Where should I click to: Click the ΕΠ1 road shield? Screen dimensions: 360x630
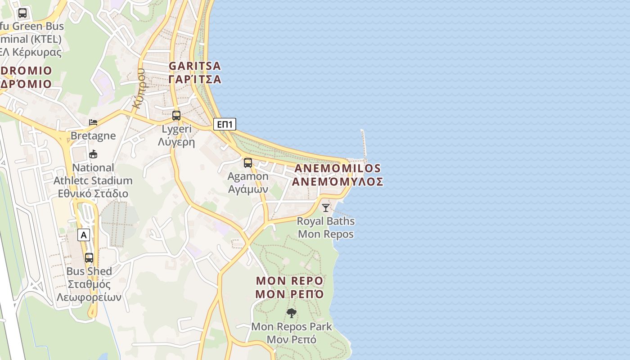coord(224,124)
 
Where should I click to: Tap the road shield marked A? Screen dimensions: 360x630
coord(83,234)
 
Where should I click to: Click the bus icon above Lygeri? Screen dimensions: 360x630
coord(176,116)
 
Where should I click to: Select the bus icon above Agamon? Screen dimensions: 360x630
coord(248,163)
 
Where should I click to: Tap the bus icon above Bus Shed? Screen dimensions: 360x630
coord(89,258)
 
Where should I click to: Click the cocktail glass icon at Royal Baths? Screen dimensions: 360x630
coord(326,207)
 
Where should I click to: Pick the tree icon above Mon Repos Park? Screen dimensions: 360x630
coord(292,313)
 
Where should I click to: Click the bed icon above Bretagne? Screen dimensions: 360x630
coord(93,122)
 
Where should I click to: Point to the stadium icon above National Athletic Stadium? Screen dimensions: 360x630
coord(93,154)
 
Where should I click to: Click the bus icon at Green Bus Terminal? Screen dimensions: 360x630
coord(22,13)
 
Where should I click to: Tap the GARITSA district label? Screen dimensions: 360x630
coord(195,66)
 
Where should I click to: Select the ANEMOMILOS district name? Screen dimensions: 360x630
coord(337,169)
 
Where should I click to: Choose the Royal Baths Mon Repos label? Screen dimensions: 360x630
coord(326,228)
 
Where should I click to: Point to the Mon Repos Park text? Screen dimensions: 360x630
coord(292,327)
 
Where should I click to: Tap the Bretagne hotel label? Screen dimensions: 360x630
coord(93,136)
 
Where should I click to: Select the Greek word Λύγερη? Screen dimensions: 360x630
coord(176,142)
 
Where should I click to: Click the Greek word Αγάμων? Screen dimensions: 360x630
coord(248,189)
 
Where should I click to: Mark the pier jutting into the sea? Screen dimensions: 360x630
coord(364,144)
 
